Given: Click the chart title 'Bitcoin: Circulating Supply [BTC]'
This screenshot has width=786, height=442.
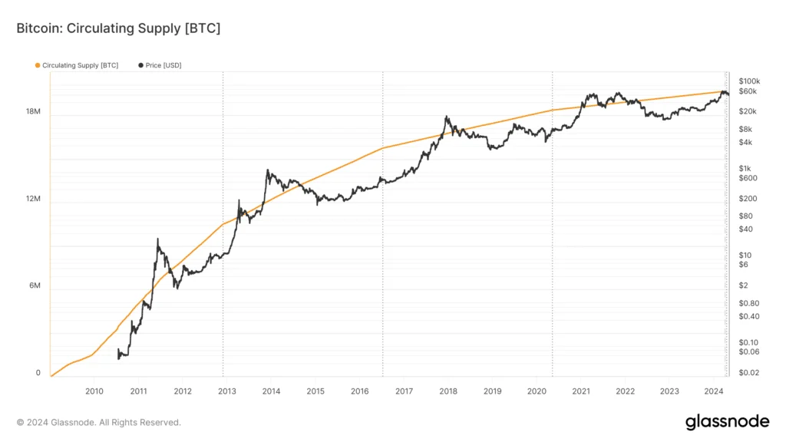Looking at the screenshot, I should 118,28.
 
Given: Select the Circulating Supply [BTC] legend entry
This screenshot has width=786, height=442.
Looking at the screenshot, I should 77,66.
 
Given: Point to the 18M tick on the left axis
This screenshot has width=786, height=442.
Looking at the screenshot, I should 33,112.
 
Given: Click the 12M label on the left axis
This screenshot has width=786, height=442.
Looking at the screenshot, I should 33,200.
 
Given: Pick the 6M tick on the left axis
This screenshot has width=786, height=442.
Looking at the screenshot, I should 35,286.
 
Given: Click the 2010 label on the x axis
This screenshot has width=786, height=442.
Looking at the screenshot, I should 94,391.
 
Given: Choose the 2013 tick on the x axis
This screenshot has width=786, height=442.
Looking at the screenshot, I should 227,391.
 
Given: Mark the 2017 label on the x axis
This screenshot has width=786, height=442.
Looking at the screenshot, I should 404,391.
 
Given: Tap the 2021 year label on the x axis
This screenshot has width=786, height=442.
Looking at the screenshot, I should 581,391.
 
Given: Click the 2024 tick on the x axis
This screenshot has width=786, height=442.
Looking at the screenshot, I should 714,391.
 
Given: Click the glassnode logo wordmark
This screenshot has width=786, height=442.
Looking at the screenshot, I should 727,421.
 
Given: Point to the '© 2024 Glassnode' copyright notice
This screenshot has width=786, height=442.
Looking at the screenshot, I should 99,422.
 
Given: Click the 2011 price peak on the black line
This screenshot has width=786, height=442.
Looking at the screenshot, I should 157,239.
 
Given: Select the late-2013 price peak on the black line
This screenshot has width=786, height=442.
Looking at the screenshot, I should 267,170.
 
